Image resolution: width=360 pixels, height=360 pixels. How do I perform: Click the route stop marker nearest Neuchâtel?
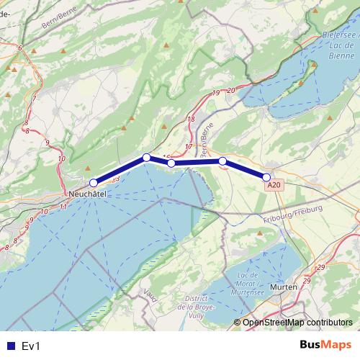[x=93, y=183]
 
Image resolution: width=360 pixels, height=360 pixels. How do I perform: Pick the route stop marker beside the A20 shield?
[x=266, y=177]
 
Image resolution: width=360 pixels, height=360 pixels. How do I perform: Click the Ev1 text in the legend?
[x=30, y=346]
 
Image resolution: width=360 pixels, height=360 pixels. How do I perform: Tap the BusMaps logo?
[x=325, y=345]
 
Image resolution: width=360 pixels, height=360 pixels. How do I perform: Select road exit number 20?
[x=230, y=89]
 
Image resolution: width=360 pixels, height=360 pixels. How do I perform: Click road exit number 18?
[x=191, y=120]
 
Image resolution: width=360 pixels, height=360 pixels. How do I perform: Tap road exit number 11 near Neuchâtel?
[x=63, y=207]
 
